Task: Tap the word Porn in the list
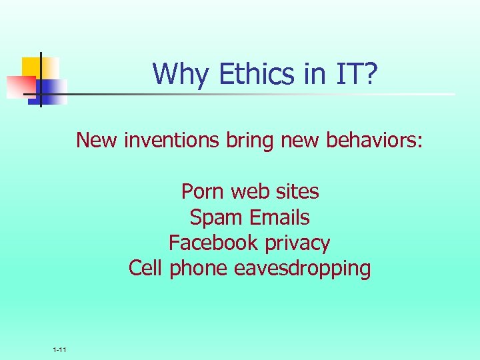(203, 192)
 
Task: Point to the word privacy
(297, 243)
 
